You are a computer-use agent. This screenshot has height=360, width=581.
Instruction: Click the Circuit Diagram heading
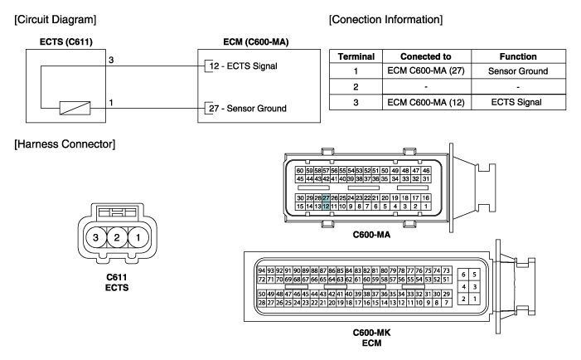click(x=56, y=20)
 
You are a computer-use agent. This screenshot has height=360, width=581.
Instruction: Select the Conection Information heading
click(x=385, y=20)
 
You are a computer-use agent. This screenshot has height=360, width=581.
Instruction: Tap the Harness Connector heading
click(x=65, y=144)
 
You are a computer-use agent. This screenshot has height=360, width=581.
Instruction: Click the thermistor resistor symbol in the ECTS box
click(x=75, y=109)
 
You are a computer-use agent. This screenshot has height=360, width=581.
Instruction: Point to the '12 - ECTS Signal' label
click(x=243, y=66)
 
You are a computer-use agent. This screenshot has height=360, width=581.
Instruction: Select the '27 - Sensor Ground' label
click(x=248, y=109)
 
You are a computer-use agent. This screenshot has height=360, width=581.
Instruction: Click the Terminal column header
click(x=356, y=56)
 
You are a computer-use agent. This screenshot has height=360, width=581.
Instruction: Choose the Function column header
click(x=518, y=56)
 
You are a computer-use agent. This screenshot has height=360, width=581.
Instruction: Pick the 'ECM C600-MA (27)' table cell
click(x=426, y=71)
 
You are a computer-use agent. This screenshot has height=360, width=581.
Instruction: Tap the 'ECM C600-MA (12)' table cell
click(x=426, y=102)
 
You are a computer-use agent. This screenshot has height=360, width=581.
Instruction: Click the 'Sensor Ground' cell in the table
click(x=518, y=71)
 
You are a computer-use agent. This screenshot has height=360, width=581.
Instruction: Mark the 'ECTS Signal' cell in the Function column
click(x=516, y=102)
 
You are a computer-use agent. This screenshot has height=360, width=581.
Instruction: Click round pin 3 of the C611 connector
click(x=95, y=237)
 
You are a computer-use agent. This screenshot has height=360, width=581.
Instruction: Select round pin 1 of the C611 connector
click(x=138, y=237)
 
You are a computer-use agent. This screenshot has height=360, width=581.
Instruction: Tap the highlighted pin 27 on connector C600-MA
click(x=326, y=198)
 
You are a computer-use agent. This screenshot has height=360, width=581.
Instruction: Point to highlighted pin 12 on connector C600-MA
click(x=326, y=207)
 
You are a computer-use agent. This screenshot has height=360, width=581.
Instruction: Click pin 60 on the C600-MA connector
click(x=300, y=171)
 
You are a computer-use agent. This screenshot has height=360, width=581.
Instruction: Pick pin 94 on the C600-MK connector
click(x=262, y=270)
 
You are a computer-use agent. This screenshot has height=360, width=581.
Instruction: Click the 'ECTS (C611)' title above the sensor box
click(x=66, y=42)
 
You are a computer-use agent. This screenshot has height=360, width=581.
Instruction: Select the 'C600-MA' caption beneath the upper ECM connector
click(x=371, y=235)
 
